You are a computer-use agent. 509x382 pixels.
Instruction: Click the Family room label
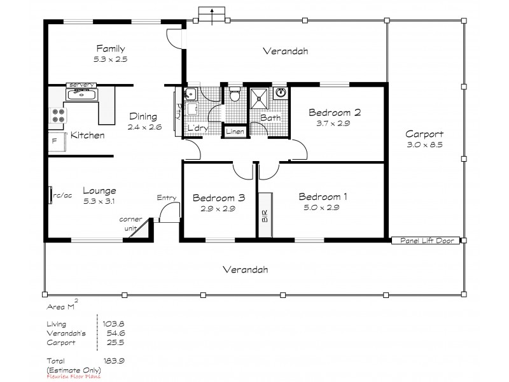pyautogui.click(x=110, y=48)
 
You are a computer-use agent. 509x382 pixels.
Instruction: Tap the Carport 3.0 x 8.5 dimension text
pyautogui.click(x=424, y=145)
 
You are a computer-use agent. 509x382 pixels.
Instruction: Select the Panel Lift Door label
pyautogui.click(x=424, y=241)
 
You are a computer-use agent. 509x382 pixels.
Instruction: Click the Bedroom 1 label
pyautogui.click(x=324, y=196)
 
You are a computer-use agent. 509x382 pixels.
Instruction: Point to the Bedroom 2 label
pyautogui.click(x=335, y=113)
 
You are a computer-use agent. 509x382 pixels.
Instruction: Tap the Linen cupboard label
pyautogui.click(x=234, y=131)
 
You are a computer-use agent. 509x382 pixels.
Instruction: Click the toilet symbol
pyautogui.click(x=235, y=94)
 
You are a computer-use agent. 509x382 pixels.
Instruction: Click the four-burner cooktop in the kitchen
pyautogui.click(x=59, y=116)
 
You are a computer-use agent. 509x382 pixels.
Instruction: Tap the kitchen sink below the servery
pyautogui.click(x=81, y=95)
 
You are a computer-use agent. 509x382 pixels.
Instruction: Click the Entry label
pyautogui.click(x=166, y=198)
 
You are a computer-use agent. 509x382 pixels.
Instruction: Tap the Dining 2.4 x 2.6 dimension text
pyautogui.click(x=144, y=127)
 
